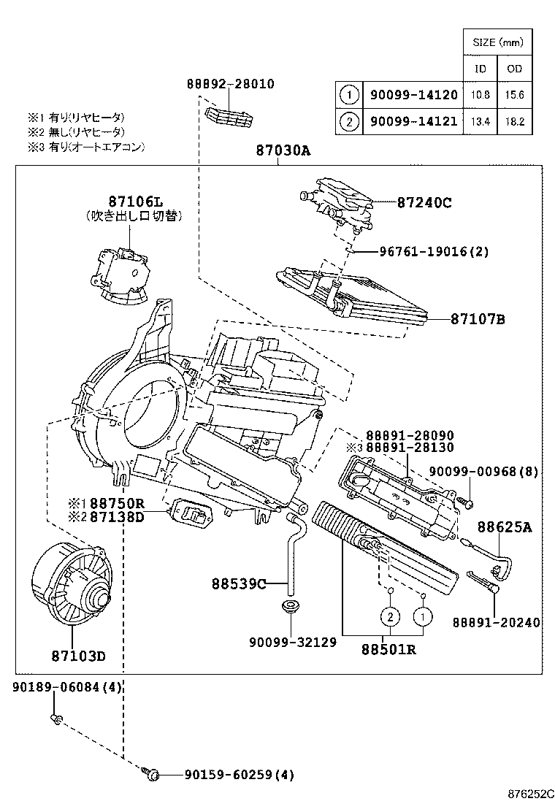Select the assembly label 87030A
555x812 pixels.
[x=283, y=151]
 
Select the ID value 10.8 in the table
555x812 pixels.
[x=481, y=95]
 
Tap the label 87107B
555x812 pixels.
[x=478, y=319]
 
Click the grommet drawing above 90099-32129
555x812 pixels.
[x=291, y=608]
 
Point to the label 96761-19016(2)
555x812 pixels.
[x=434, y=252]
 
